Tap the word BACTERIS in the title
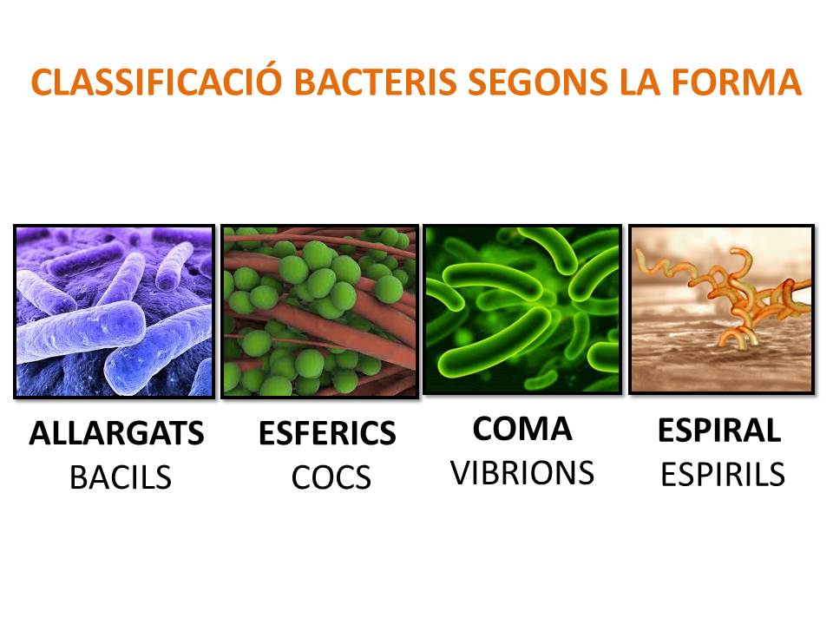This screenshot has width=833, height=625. coord(375,82)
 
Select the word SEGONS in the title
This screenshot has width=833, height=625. coord(538,82)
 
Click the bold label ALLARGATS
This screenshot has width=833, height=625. coord(116,432)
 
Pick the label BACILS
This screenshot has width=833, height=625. coord(121,477)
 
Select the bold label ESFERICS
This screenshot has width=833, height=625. coord(327,432)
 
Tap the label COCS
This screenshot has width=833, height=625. coord(331,477)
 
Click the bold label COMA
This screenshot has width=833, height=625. coord(522,429)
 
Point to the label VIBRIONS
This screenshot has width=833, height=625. coord(522,472)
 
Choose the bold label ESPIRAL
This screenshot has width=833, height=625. coord(719,430)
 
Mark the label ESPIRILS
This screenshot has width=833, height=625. coord(723,474)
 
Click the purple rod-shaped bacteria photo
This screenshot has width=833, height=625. coord(115,312)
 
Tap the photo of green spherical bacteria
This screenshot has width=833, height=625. coord(320,312)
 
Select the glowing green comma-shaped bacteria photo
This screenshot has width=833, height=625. coord(522,309)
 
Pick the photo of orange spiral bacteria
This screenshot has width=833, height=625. coord(721,309)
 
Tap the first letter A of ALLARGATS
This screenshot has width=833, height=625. coord(41,433)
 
